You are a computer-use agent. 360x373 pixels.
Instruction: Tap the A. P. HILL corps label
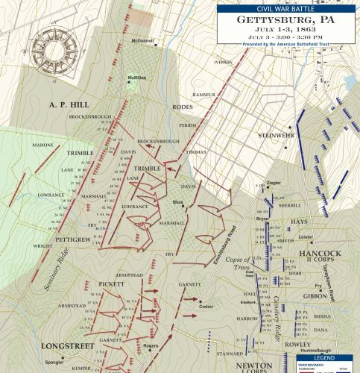pyautogui.click(x=70, y=104)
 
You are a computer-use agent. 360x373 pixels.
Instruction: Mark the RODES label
pyautogui.click(x=183, y=107)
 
